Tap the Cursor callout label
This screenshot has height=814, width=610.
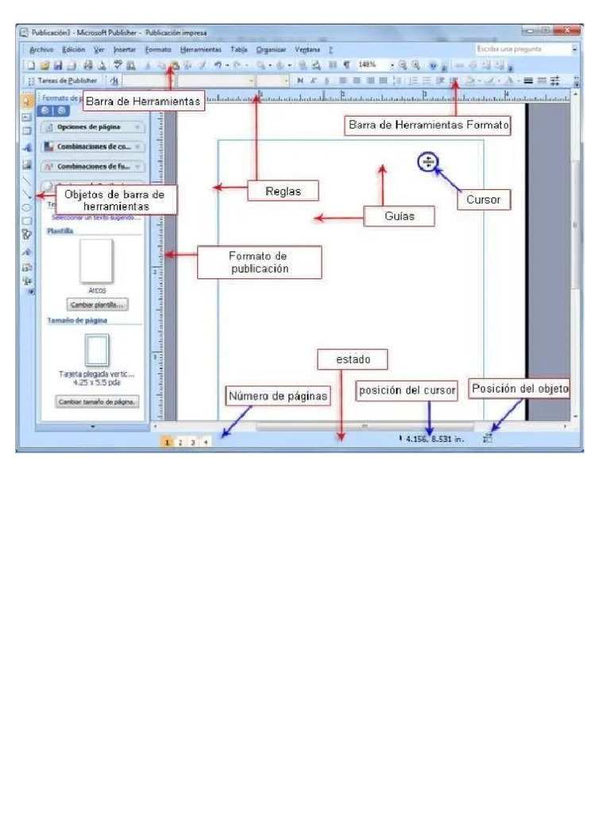(483, 200)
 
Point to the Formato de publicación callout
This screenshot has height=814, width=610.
(259, 262)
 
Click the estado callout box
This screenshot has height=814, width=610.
(353, 360)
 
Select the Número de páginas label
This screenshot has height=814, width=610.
(278, 396)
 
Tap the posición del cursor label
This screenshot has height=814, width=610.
(407, 390)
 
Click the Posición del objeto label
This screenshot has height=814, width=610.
(519, 389)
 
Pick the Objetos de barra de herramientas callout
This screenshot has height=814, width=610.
(114, 200)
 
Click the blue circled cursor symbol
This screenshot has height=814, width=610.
(428, 162)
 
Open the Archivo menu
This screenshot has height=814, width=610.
(41, 49)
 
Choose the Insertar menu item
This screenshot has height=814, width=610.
(125, 49)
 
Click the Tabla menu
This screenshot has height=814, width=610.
(238, 49)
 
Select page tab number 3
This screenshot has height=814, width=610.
(193, 441)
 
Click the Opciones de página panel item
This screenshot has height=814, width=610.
(92, 128)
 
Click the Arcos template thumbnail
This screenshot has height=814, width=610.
(97, 262)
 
